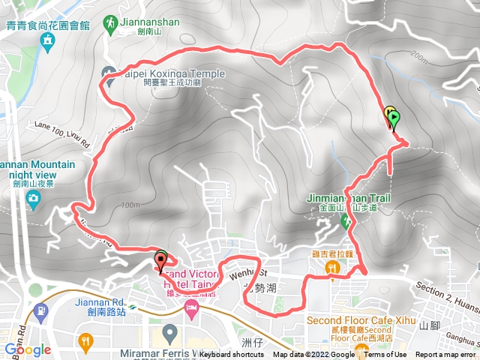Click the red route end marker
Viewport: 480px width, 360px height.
click(160, 262)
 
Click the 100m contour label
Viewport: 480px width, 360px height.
click(130, 205)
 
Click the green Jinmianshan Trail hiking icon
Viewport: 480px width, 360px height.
click(346, 221)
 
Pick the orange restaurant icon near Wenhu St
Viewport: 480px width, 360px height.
click(330, 267)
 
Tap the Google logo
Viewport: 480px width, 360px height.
click(27, 349)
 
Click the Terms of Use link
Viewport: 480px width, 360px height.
click(386, 355)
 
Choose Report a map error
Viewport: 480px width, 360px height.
click(446, 355)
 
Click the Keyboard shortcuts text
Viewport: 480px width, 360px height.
click(232, 355)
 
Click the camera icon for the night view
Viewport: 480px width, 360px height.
click(33, 198)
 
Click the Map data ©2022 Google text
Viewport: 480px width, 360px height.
click(313, 355)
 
